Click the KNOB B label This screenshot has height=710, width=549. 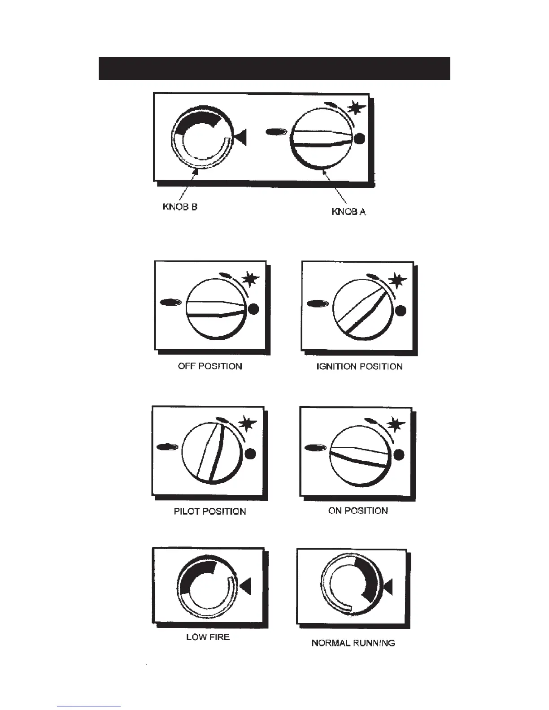180,208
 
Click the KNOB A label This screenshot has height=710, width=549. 349,212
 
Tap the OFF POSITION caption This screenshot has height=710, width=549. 210,366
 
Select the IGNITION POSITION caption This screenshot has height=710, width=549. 359,367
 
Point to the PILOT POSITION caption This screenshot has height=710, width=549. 210,511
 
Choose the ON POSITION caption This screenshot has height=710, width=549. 358,511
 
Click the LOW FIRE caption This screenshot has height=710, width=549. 208,637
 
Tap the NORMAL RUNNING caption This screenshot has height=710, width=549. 353,643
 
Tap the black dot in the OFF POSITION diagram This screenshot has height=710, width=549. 253,309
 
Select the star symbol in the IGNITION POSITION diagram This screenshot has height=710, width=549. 397,281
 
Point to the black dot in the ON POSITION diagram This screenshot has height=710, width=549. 398,455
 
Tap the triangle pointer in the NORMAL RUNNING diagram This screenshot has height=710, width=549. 388,586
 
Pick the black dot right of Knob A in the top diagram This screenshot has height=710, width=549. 359,139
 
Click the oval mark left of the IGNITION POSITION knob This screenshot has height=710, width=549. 317,305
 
